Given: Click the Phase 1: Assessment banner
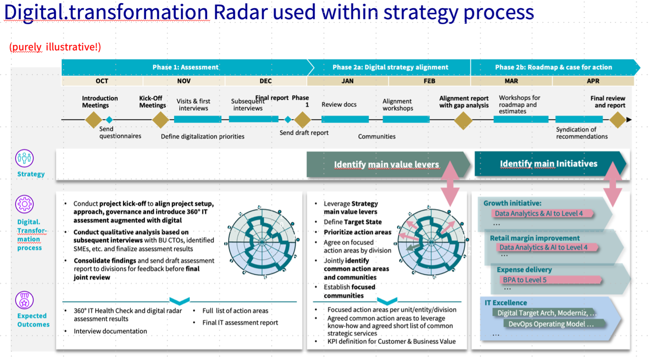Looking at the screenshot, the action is [185, 67].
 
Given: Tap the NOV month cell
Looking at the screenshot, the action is [184, 81].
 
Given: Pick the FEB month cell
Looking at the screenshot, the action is [429, 81].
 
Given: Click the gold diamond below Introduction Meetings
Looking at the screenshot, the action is [93, 119].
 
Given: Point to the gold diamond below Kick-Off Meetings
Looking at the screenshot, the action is [161, 119].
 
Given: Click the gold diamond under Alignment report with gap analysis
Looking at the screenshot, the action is [463, 120].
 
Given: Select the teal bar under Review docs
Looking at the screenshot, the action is [345, 119].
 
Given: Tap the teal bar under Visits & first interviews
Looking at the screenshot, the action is [198, 119].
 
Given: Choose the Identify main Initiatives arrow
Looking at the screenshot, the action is [550, 164].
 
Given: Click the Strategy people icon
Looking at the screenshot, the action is [25, 158].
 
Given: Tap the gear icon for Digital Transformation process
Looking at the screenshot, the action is [25, 204].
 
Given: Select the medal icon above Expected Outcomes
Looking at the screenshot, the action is [25, 300].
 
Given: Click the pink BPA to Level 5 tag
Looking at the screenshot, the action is [550, 280].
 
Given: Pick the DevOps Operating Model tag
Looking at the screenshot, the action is [554, 324].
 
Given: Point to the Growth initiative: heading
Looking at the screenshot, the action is [512, 203].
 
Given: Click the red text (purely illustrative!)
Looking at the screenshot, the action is [55, 47].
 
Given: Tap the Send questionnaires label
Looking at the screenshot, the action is [120, 133].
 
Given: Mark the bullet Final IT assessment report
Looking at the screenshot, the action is [240, 322].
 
